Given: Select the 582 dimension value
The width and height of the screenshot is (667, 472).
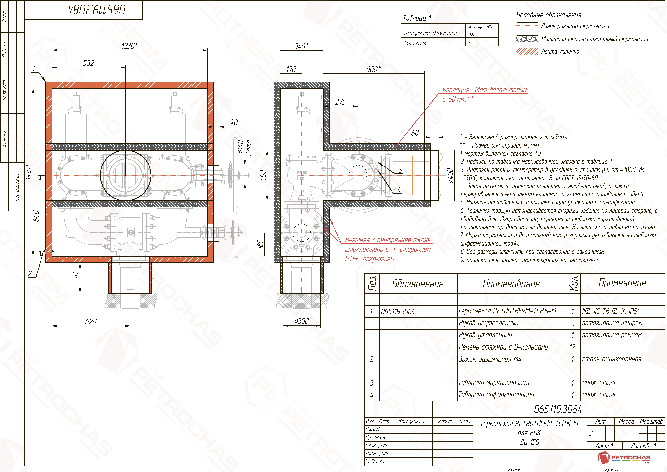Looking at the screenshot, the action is point(89,63).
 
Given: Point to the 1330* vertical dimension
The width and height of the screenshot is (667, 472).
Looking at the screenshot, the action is point(29,172).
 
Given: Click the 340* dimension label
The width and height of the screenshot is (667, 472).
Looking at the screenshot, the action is point(302,46).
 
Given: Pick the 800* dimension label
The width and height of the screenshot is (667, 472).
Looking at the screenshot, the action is point(373,69).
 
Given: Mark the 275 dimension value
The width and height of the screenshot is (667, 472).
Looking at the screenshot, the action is point(340,102).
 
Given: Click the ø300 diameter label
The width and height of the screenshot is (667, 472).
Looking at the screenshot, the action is point(302,321).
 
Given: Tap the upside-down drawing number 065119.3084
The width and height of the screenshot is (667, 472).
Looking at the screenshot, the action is point(97,10).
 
